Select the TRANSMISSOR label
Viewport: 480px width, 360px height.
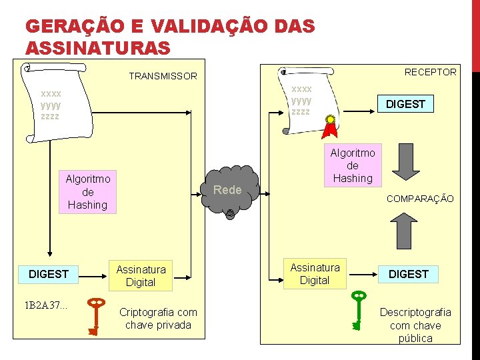[x=163, y=76]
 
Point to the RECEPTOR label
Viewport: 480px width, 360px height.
[x=431, y=72]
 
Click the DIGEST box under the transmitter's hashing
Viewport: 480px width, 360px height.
[x=49, y=274]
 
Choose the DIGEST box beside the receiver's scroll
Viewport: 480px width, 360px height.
[x=405, y=104]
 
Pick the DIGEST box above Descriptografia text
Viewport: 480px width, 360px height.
[x=409, y=274]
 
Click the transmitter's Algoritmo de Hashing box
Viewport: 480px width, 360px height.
[x=88, y=192]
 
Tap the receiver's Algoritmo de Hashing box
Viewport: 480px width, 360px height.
[x=353, y=165]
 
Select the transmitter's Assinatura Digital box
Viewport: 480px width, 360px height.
[x=141, y=275]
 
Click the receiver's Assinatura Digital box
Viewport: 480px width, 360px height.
[x=315, y=273]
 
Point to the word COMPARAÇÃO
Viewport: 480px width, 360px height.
[x=420, y=199]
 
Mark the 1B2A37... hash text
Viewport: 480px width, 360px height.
[x=46, y=306]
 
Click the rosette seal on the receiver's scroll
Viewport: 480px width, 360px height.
[x=329, y=121]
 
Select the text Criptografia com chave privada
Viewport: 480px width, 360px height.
[x=158, y=319]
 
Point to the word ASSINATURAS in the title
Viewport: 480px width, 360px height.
[x=97, y=48]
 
